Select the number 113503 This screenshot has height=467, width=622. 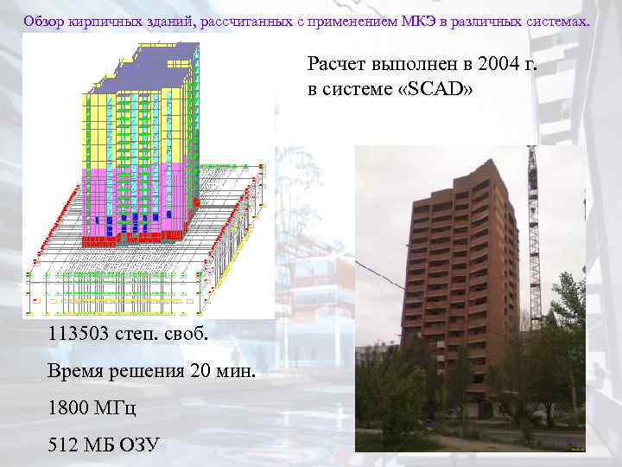click(84, 335)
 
